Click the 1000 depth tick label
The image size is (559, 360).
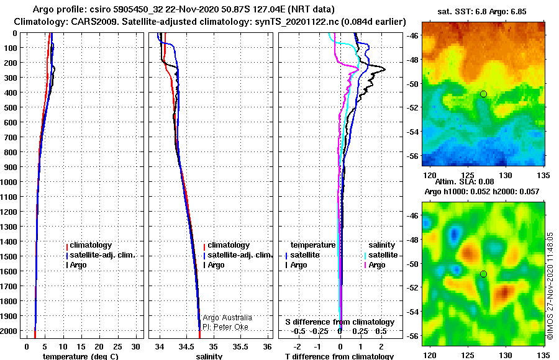click(10, 182)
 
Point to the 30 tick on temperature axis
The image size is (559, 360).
click(136, 346)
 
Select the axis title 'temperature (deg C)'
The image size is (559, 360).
click(81, 356)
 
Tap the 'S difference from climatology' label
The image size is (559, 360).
click(340, 322)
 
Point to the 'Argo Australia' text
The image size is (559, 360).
click(227, 318)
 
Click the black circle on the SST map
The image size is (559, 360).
click(483, 94)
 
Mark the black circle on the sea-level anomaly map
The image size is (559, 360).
click(483, 274)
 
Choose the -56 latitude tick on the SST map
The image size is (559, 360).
click(412, 155)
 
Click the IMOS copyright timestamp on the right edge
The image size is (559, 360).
click(550, 286)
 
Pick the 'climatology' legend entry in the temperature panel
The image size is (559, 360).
click(90, 245)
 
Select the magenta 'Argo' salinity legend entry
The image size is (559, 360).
click(376, 265)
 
